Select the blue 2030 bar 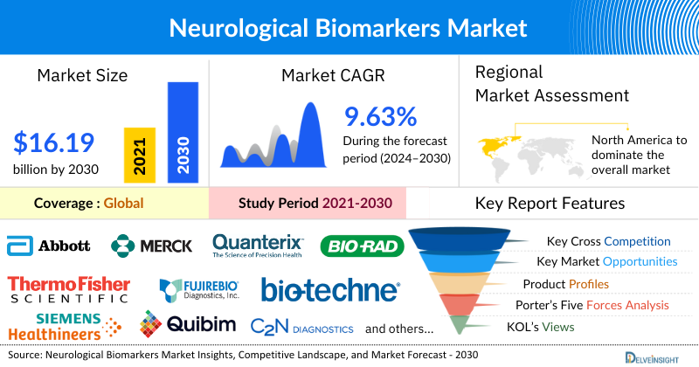click(183, 132)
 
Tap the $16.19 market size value click(54, 142)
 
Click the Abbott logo click(49, 246)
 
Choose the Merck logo click(151, 246)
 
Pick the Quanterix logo click(258, 246)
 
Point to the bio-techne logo click(330, 289)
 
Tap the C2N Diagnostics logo click(301, 328)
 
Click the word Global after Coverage click(123, 204)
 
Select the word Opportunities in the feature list click(639, 261)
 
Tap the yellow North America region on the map click(495, 142)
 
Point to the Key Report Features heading click(550, 204)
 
